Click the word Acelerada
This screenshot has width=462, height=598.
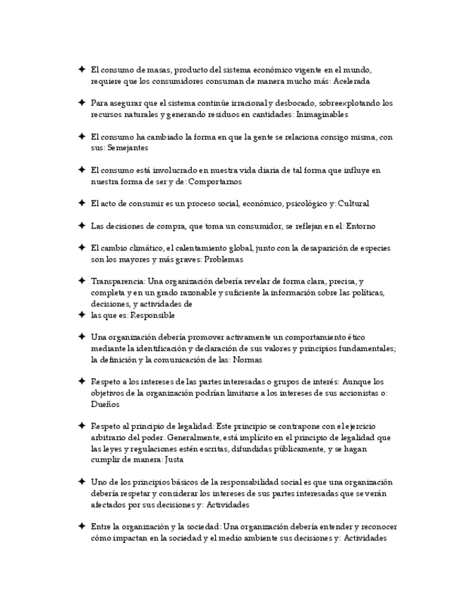tap(351, 81)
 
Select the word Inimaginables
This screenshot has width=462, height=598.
tap(322, 114)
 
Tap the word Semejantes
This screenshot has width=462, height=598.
tap(128, 148)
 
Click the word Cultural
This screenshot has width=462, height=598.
tap(353, 204)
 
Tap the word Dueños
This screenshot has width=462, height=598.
tap(105, 404)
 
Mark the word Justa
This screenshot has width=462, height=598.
tap(174, 460)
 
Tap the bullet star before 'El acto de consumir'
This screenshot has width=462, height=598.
tap(82, 203)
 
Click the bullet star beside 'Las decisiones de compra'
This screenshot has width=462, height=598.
tap(82, 226)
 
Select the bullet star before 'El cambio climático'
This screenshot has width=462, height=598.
tap(82, 248)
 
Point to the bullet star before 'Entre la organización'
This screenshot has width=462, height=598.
tap(82, 526)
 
